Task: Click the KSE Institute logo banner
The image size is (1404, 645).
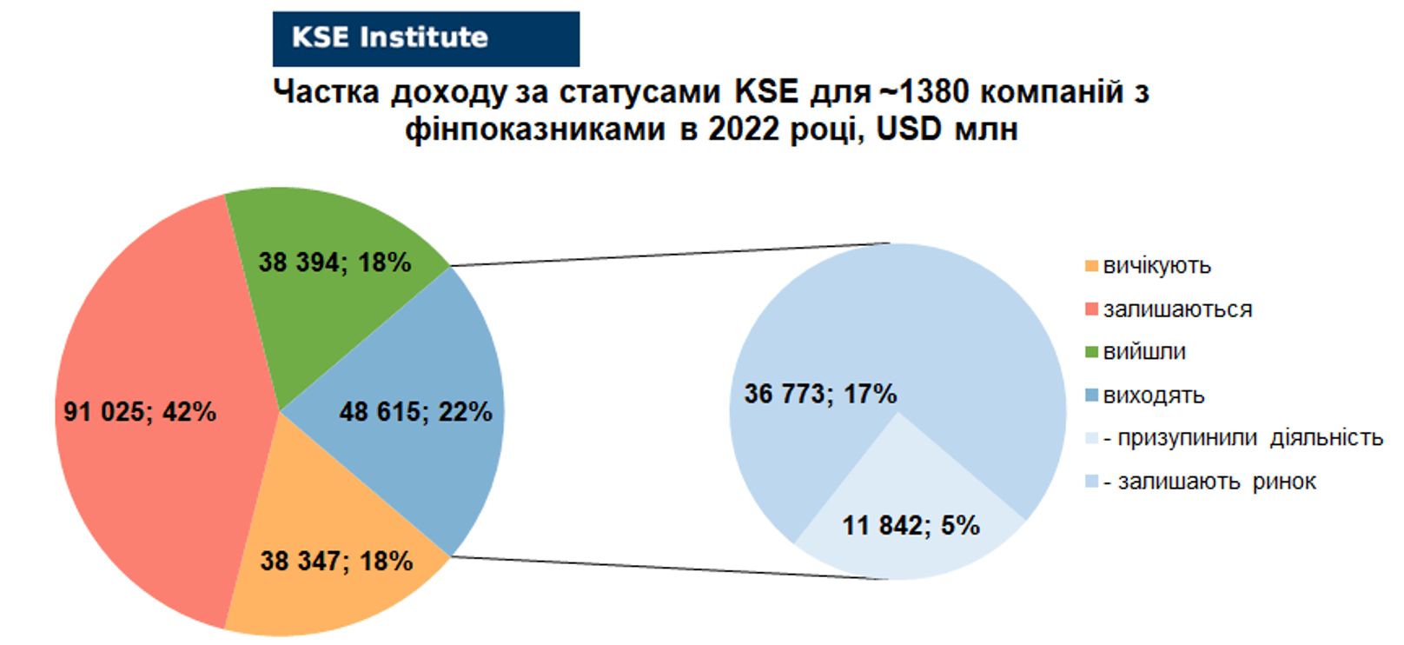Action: tap(426, 39)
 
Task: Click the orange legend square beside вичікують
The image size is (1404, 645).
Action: tap(1092, 266)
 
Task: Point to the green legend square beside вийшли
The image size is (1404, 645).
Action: tap(1092, 352)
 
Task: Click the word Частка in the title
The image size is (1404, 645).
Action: tap(327, 92)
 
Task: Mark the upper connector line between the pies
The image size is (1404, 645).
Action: tap(670, 255)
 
